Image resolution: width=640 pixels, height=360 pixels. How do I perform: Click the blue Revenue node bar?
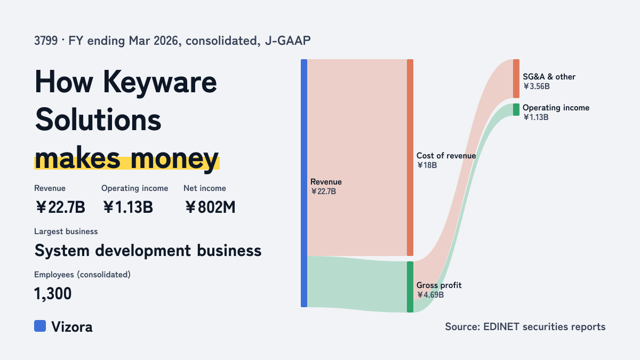304,183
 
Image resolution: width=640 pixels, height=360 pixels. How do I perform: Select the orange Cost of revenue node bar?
410,157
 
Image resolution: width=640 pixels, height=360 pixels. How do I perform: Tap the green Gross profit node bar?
410,287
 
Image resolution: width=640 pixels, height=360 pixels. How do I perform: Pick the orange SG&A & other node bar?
516,78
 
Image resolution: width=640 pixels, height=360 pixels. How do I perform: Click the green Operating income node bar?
516,110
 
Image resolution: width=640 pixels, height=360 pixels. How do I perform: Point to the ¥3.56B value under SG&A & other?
537,86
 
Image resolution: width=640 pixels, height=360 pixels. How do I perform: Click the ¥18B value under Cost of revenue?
427,165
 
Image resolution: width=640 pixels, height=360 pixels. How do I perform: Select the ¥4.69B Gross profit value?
430,294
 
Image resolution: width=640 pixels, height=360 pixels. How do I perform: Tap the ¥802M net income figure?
210,207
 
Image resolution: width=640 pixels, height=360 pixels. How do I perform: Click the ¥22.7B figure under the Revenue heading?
60,207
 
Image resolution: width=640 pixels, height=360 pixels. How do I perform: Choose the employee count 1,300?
53,293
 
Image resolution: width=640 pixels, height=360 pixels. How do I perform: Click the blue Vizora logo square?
40,326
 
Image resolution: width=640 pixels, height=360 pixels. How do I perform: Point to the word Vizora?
72,327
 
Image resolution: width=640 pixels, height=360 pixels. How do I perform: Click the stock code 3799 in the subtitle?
46,41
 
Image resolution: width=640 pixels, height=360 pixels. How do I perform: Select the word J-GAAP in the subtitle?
287,41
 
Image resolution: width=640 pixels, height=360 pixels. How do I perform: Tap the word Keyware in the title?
160,82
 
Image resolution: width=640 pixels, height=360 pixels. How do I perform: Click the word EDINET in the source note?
501,326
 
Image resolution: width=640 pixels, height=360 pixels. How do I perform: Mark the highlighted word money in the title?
174,158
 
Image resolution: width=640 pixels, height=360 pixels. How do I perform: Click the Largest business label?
66,231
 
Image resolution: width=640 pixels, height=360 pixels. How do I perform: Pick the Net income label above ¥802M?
205,188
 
